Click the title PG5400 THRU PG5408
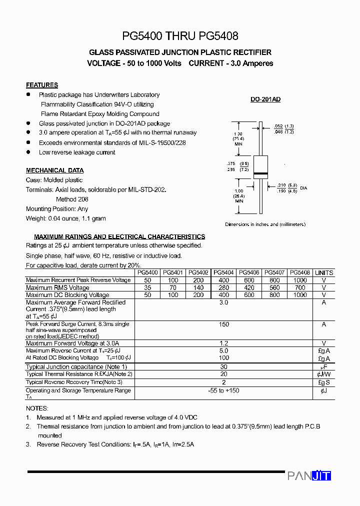click(180, 36)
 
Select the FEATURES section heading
click(42, 85)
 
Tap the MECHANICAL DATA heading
click(55, 170)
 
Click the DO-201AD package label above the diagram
click(265, 99)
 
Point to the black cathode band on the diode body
click(261, 173)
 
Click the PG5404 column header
click(223, 272)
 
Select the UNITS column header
click(324, 272)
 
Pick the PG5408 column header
click(300, 272)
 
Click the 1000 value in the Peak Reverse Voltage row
click(300, 280)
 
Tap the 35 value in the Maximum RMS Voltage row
click(147, 287)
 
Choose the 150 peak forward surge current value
click(223, 324)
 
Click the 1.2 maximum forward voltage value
click(223, 343)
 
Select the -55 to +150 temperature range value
click(223, 390)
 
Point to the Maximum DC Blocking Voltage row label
click(67, 295)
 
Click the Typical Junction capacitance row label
click(76, 367)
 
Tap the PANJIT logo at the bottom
click(309, 476)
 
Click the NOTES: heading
click(37, 408)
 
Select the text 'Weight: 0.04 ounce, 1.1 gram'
click(66, 218)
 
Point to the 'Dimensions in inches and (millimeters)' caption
click(265, 224)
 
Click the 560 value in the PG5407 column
click(274, 287)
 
